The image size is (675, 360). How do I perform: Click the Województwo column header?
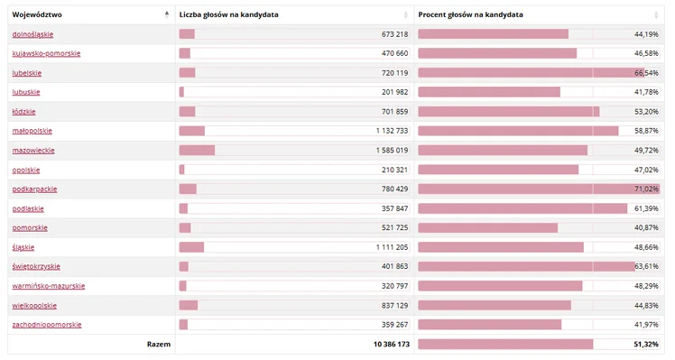tap(37, 14)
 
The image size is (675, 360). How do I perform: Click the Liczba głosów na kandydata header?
tap(228, 14)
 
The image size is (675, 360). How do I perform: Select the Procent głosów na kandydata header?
tap(470, 14)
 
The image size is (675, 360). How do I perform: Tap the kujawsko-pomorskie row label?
tap(45, 53)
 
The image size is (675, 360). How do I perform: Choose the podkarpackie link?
tap(34, 189)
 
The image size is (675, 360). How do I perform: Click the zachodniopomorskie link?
tap(47, 324)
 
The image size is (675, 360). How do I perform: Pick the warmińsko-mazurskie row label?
tap(49, 285)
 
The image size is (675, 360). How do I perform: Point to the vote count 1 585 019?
tap(392, 150)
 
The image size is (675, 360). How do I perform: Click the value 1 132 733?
tap(392, 131)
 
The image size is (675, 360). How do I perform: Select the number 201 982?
tap(395, 92)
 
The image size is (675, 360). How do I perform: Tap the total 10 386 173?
tap(389, 344)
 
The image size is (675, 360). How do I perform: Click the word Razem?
tap(159, 344)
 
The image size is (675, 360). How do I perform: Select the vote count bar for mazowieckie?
tap(197, 150)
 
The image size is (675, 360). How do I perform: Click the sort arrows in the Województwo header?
tap(166, 14)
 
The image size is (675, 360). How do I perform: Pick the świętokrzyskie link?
tap(36, 266)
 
